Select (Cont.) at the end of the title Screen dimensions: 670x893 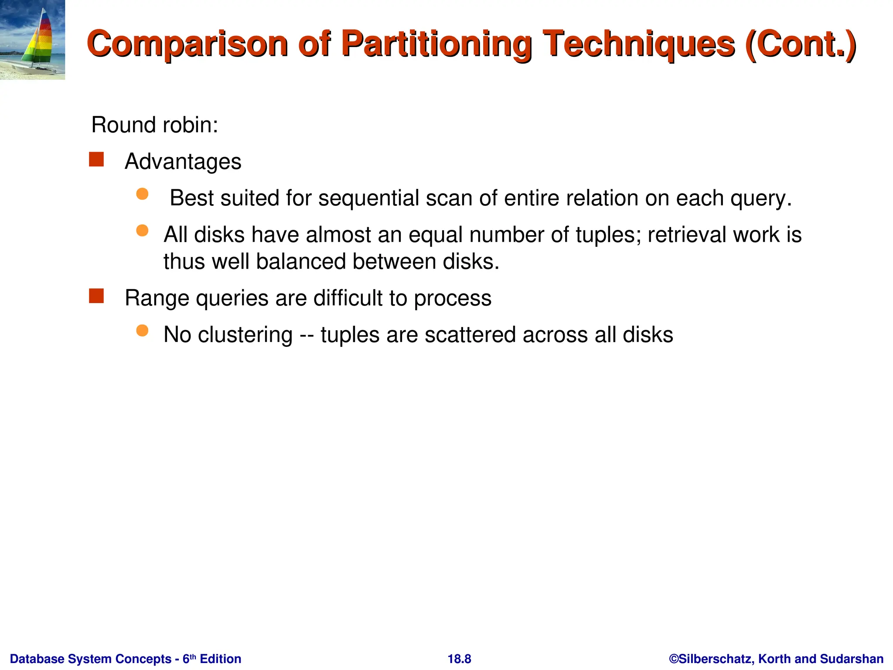[x=801, y=44]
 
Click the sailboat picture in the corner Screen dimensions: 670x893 [x=32, y=40]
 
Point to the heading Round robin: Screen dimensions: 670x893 [x=154, y=125]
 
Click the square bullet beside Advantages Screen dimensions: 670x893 [x=96, y=160]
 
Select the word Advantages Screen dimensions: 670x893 [x=183, y=162]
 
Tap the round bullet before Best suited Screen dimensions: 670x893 [x=142, y=194]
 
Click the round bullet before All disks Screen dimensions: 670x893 [x=142, y=230]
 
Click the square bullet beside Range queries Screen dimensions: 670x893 [x=96, y=296]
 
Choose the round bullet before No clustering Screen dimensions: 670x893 [x=142, y=331]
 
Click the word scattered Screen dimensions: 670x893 [x=470, y=335]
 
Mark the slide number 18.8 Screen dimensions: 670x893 [x=459, y=659]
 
